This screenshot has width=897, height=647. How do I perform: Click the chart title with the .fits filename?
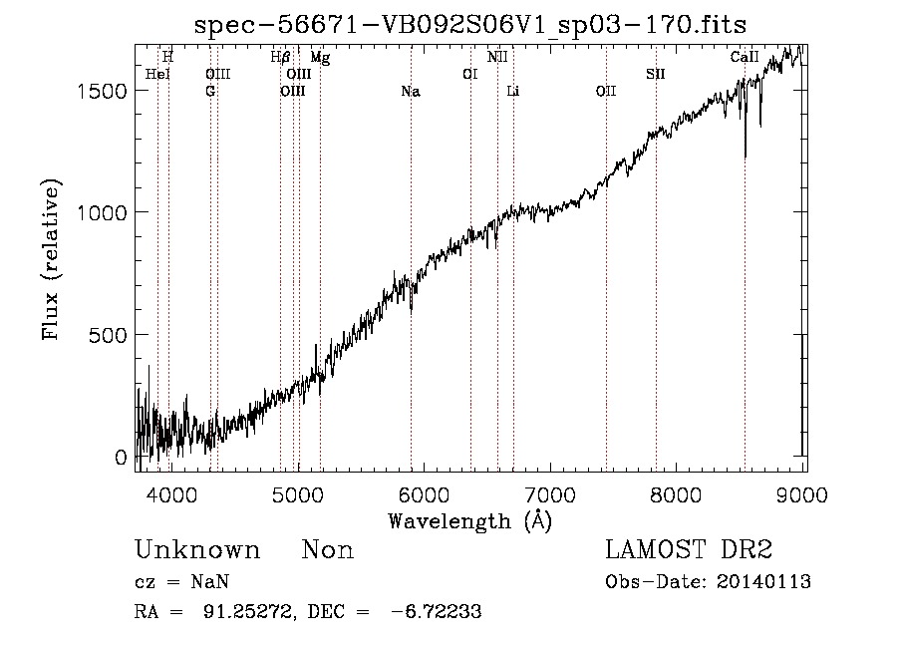(x=470, y=25)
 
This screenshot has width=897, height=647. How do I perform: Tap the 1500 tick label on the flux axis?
(x=102, y=91)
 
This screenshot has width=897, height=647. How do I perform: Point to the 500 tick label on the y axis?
(x=108, y=335)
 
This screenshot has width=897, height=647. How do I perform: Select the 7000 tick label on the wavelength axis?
(x=550, y=494)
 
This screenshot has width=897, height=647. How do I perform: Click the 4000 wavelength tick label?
(x=171, y=494)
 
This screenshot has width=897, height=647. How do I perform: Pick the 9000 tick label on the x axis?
(x=802, y=494)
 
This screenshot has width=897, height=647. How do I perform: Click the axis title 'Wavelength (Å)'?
(x=470, y=520)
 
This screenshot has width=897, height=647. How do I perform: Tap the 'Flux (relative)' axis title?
(x=51, y=260)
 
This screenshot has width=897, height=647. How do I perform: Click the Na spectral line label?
(x=411, y=92)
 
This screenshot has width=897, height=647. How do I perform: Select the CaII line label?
(x=745, y=57)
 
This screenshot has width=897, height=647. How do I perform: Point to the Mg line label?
(x=320, y=58)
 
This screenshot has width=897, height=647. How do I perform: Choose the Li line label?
(x=513, y=92)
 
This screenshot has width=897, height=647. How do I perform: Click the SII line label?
(x=656, y=75)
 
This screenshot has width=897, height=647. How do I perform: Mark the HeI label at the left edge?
(x=157, y=75)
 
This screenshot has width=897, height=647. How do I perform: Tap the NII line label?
(x=497, y=57)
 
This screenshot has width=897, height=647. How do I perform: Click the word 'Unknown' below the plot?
(x=197, y=550)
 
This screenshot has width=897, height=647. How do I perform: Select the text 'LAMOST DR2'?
(x=689, y=549)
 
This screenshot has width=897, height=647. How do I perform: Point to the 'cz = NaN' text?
(x=182, y=582)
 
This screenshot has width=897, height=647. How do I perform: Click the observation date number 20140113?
(x=763, y=582)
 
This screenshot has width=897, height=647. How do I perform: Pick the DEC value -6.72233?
(x=436, y=611)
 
